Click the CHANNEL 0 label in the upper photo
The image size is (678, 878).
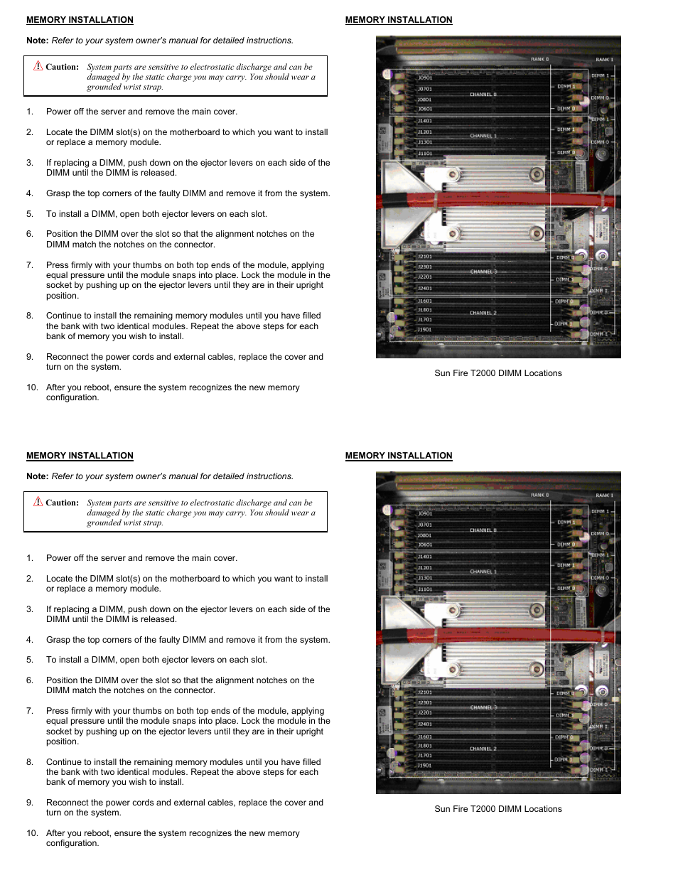coord(483,95)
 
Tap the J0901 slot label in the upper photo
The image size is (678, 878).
coord(425,77)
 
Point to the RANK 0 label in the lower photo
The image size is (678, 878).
coord(539,495)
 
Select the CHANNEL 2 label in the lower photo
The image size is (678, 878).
coord(483,749)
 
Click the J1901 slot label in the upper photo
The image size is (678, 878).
coord(424,330)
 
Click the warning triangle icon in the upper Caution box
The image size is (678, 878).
coord(38,66)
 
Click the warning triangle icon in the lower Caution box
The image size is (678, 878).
coord(38,502)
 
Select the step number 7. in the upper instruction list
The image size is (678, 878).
coord(30,265)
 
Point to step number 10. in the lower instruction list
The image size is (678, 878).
coord(32,833)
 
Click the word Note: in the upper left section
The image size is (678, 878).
coord(37,41)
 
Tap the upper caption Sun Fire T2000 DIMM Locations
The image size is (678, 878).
coord(497,373)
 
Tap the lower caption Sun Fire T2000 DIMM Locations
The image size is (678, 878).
coord(497,809)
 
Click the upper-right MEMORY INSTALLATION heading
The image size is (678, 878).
coord(399,20)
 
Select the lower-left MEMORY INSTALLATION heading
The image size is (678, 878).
coord(80,456)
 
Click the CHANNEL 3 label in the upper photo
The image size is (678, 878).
coord(483,272)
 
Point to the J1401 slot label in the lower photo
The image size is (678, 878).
coord(424,557)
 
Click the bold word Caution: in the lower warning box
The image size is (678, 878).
coord(62,503)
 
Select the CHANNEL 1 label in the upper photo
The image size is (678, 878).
coord(483,136)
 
